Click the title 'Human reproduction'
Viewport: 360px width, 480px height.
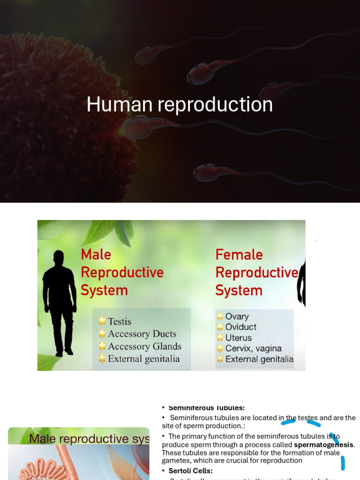(180, 105)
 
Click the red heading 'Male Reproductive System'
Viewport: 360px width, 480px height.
(122, 272)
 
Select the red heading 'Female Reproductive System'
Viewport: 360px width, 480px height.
(256, 272)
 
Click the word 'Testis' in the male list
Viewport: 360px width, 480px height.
(120, 322)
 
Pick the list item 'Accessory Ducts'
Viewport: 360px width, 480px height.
(142, 334)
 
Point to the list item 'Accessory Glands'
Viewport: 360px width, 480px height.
(144, 346)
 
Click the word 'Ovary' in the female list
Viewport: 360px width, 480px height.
(237, 316)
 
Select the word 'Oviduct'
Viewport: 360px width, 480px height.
(241, 327)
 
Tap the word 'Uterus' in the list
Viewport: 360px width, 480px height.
(239, 338)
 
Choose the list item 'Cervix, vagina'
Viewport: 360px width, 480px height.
(253, 349)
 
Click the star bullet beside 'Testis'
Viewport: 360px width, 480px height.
(102, 322)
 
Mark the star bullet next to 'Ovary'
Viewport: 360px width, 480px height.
(220, 317)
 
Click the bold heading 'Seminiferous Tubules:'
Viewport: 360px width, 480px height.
(206, 408)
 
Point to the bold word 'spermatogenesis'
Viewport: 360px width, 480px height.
(323, 444)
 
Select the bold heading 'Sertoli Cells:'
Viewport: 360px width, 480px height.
(190, 471)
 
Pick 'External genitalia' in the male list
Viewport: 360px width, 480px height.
(144, 359)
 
